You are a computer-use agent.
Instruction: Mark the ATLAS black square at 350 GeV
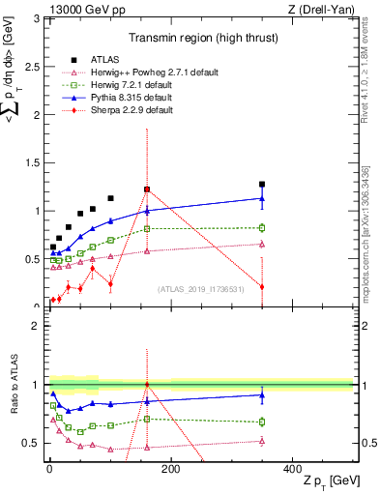[x=262, y=184]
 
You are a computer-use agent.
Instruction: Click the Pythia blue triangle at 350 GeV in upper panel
[x=262, y=198]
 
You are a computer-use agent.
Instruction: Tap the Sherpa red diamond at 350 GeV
[x=262, y=286]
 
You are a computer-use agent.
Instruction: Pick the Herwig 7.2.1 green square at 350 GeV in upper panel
[x=262, y=227]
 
